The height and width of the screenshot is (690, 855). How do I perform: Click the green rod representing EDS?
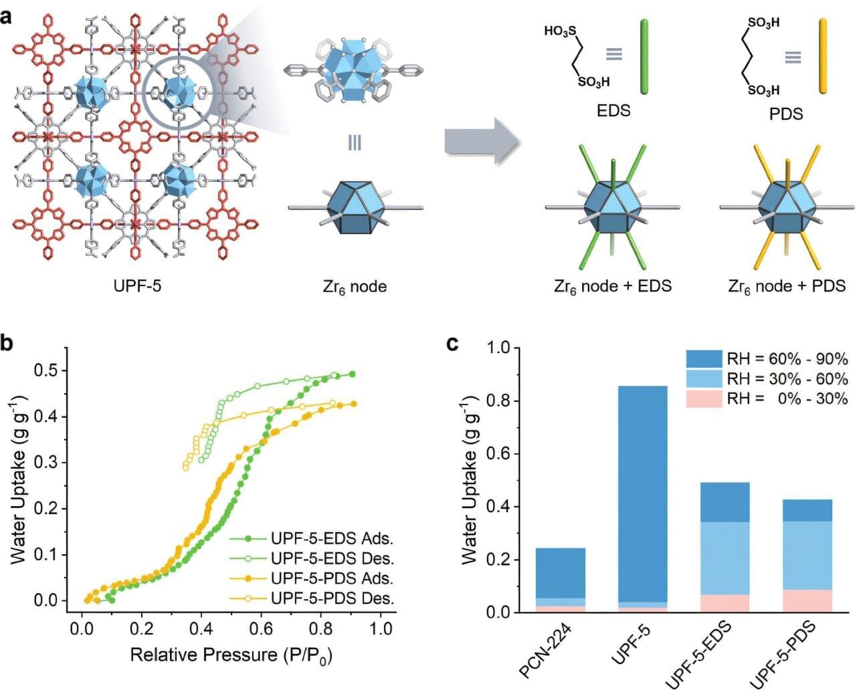point(644,56)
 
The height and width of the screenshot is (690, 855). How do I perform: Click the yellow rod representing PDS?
point(823,56)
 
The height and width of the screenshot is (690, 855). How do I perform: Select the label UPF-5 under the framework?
point(137,287)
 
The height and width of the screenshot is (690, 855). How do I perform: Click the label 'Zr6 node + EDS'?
point(613,287)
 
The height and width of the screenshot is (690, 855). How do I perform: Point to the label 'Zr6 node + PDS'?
point(787,287)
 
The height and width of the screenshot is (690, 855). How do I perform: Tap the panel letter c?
point(453,344)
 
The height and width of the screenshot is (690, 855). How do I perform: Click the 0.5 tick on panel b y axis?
point(47,370)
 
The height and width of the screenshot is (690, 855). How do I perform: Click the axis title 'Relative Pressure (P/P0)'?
point(231,655)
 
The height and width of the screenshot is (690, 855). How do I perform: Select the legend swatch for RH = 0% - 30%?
point(704,398)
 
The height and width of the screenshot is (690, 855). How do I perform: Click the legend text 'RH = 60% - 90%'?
point(787,359)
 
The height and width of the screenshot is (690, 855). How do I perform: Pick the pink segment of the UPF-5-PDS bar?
point(807,600)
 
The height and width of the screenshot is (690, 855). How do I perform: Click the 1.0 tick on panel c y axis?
point(499,348)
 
